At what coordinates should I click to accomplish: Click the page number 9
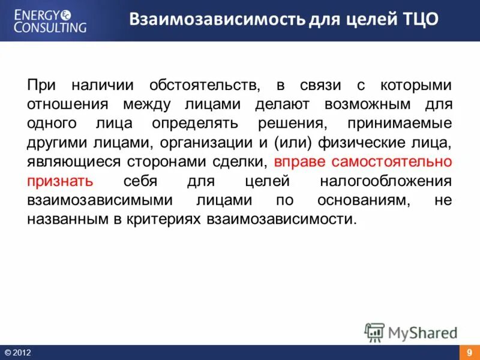[x=469, y=353]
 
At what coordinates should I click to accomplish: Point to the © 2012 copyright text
[x=17, y=353]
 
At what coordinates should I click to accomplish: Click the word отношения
[x=67, y=104]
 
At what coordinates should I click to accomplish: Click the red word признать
[x=59, y=181]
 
